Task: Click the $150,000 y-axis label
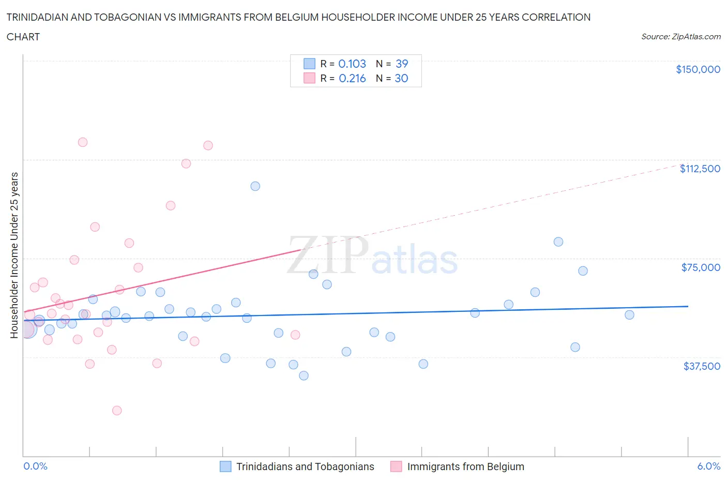(x=698, y=69)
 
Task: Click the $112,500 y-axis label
(x=700, y=169)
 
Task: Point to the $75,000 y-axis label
(x=701, y=267)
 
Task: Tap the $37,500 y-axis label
(x=701, y=366)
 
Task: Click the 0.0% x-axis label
(x=35, y=466)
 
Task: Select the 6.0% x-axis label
(x=708, y=466)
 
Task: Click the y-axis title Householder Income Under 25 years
(x=14, y=255)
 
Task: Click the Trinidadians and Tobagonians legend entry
(x=305, y=467)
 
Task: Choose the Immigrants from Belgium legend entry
(x=465, y=467)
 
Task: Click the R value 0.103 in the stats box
(x=352, y=64)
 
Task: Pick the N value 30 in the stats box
(x=401, y=78)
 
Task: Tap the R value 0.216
(x=352, y=78)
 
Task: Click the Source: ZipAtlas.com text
(x=680, y=36)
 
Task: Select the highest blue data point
(x=255, y=186)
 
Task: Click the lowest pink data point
(x=117, y=411)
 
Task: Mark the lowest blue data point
(x=304, y=375)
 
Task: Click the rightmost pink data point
(x=295, y=335)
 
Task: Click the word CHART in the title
(x=23, y=37)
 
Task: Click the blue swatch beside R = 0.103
(x=309, y=64)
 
